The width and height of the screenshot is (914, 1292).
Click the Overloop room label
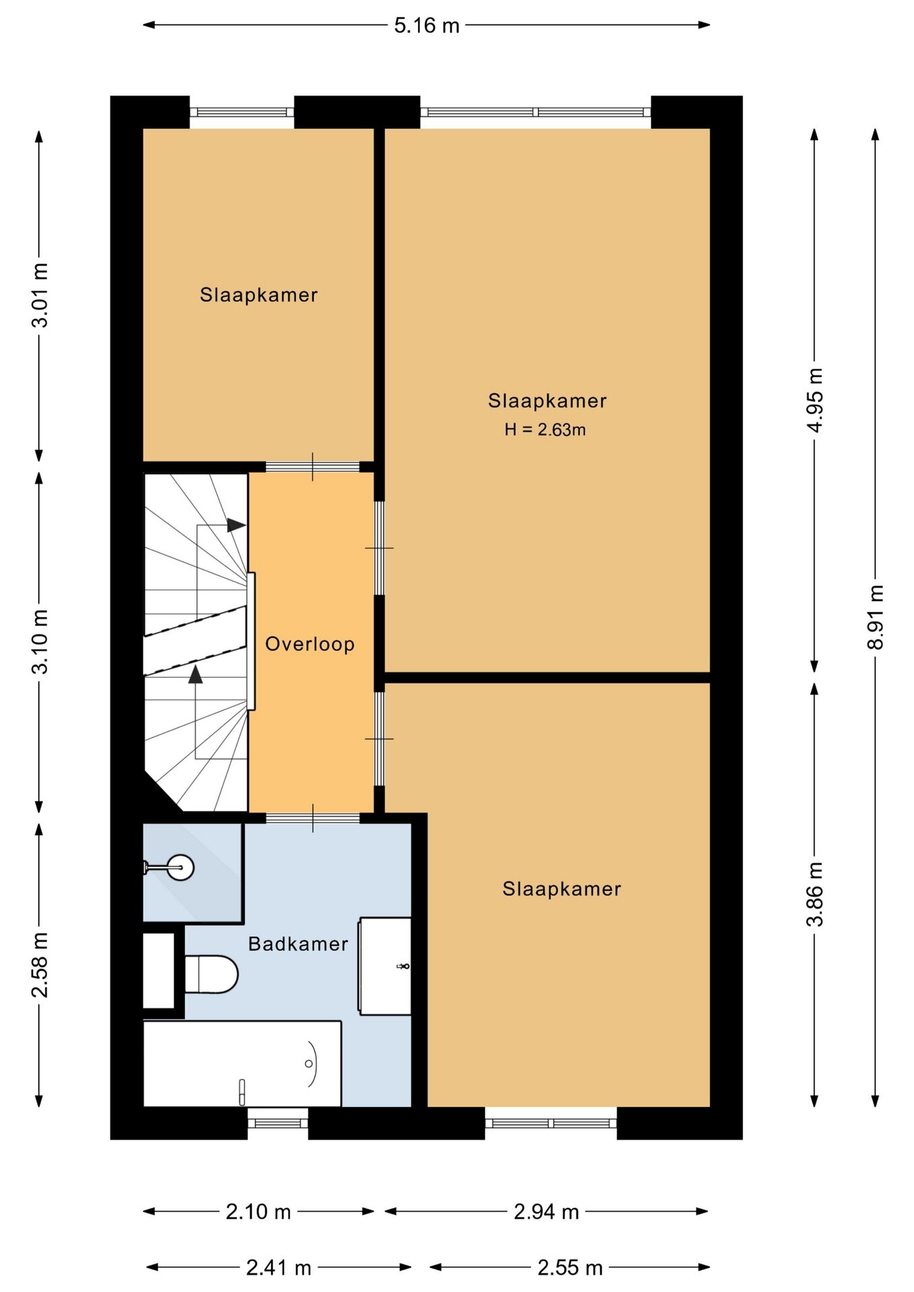tap(310, 644)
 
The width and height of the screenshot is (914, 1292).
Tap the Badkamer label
tap(298, 943)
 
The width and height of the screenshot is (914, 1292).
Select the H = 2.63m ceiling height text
tap(545, 429)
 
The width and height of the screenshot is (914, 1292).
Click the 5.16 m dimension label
tap(427, 26)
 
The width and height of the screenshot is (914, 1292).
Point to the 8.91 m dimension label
tap(875, 617)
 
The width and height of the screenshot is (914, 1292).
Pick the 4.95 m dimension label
tap(815, 400)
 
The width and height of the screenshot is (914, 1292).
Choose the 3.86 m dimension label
tap(815, 894)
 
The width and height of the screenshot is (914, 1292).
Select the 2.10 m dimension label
tap(258, 1212)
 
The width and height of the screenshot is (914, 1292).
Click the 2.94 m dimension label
tap(547, 1212)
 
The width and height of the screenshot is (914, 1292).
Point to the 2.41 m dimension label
tap(279, 1268)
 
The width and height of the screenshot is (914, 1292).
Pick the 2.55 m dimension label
tap(570, 1268)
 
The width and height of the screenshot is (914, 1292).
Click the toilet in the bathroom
tap(211, 974)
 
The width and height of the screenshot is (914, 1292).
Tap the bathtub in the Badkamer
tap(242, 1064)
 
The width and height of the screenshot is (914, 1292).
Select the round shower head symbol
tap(181, 867)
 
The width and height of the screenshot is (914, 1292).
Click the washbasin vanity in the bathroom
tap(385, 966)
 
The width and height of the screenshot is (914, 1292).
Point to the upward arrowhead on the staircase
tap(195, 674)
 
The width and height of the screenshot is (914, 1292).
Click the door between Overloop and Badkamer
tap(313, 818)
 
